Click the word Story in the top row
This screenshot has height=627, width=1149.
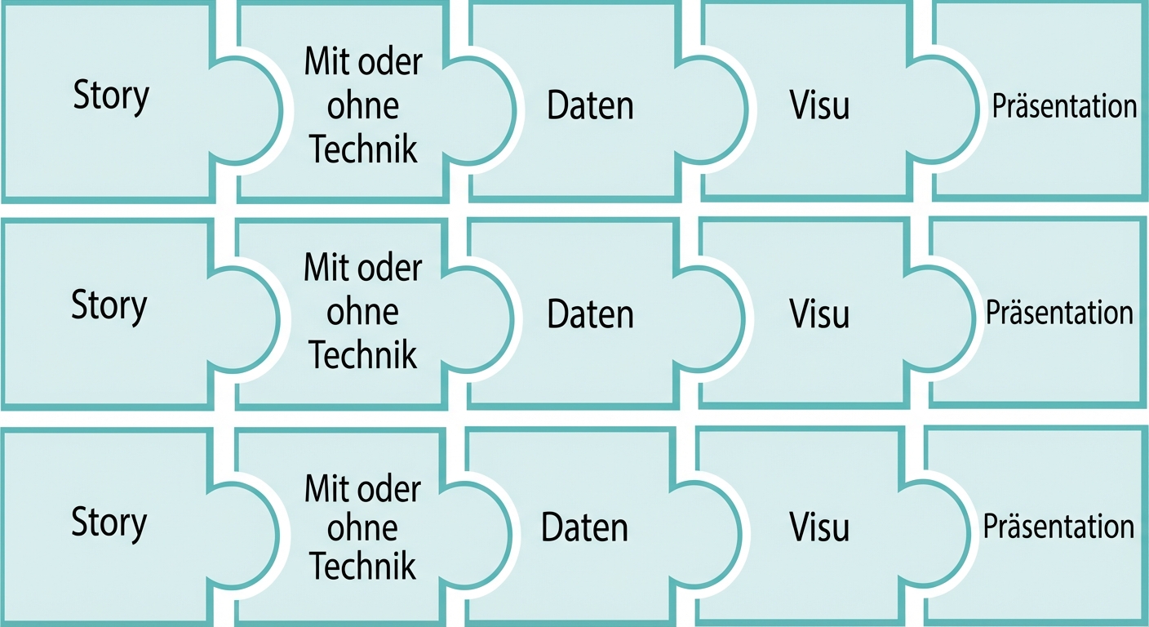(x=111, y=96)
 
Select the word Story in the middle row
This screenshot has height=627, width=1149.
(x=109, y=305)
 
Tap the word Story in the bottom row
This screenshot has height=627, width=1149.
(x=109, y=522)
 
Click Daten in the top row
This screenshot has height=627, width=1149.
(x=590, y=107)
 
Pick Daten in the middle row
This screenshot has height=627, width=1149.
(x=590, y=315)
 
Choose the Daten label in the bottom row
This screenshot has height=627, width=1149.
(x=584, y=528)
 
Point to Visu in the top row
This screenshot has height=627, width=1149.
(x=819, y=106)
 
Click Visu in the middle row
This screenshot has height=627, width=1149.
(x=819, y=314)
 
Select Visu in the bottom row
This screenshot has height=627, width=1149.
(x=819, y=527)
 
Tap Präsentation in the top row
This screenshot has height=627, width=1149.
(x=1064, y=106)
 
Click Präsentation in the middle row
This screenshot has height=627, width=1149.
(x=1059, y=313)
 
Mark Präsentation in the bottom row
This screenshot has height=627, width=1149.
(x=1058, y=527)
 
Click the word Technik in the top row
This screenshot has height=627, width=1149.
(x=364, y=149)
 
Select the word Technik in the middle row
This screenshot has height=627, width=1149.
(x=363, y=355)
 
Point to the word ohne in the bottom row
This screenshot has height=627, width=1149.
(x=362, y=528)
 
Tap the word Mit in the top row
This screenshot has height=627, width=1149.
(x=322, y=63)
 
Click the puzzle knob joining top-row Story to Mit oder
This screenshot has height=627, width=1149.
(x=245, y=109)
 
